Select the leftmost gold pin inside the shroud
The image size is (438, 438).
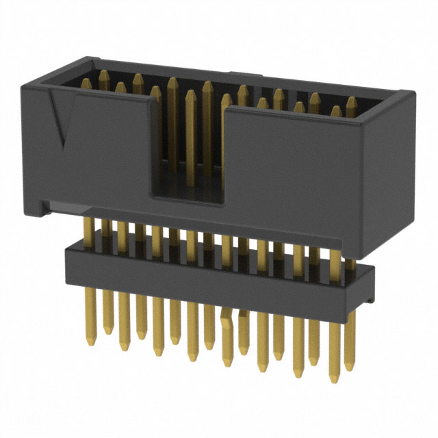point(86,83)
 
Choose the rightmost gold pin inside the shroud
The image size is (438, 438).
point(351,104)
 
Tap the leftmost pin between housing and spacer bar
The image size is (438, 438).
point(88,229)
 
